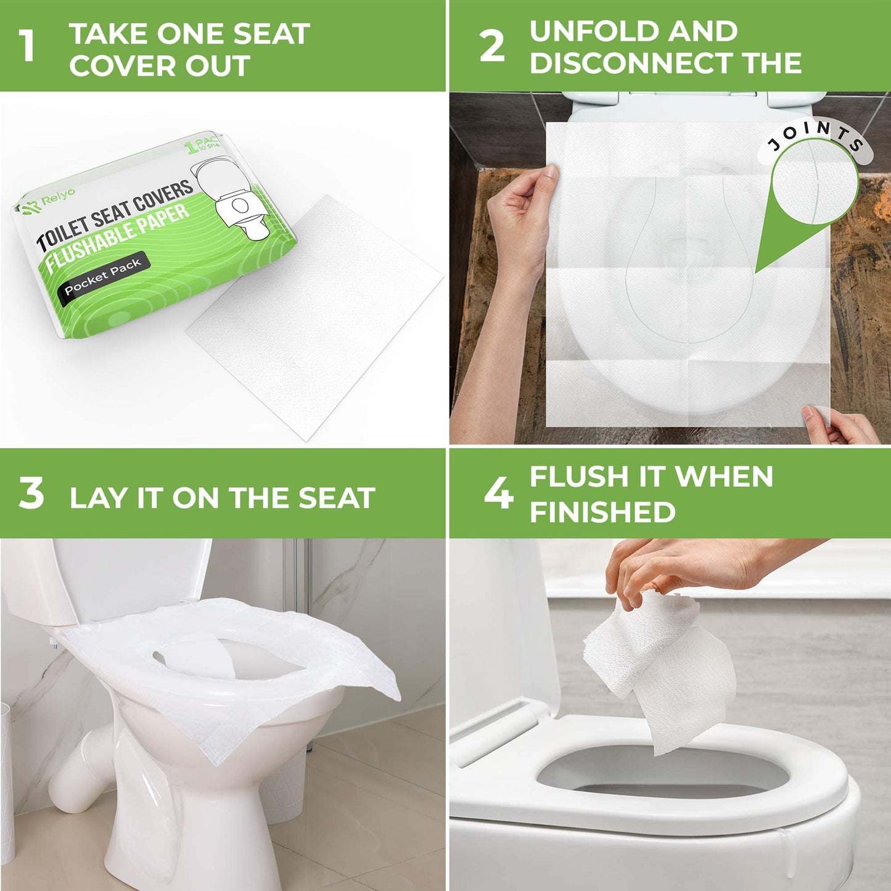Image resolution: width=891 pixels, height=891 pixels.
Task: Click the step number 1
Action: click(27, 46)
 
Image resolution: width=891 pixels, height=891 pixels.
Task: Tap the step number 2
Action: click(491, 46)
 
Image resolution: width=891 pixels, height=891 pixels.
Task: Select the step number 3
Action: click(31, 494)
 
